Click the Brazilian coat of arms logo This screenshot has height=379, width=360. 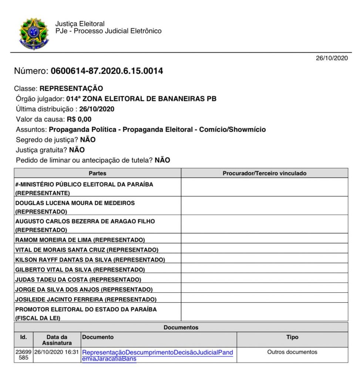(34, 34)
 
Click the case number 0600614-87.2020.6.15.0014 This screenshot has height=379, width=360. (107, 71)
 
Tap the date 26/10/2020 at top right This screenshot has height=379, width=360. (332, 58)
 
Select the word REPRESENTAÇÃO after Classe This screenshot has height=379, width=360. (71, 89)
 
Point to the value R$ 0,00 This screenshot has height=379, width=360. (79, 120)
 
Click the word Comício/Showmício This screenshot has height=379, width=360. (233, 130)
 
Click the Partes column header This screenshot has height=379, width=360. (97, 173)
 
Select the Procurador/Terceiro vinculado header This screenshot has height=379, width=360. (264, 173)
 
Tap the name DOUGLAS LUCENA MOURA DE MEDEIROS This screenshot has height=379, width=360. (75, 203)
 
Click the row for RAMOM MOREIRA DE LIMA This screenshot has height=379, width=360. (80, 240)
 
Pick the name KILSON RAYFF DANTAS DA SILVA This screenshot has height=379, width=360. (90, 260)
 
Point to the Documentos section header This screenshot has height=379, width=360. (181, 328)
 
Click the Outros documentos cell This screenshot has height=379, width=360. (292, 352)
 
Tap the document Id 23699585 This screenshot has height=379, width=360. (23, 355)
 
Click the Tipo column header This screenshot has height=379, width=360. (292, 337)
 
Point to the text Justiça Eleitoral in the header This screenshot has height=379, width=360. (80, 24)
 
